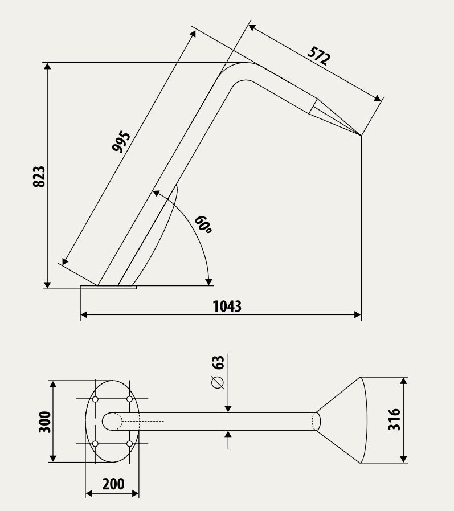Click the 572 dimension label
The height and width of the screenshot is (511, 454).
coord(319,56)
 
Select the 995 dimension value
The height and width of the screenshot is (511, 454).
coord(121,142)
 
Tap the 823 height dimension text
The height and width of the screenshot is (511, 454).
coord(39,177)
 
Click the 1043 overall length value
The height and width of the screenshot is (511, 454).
coord(227,306)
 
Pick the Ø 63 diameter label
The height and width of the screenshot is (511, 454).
coord(218,372)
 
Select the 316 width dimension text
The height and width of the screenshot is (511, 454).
coord(394,419)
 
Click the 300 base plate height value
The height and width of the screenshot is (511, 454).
coord(45,422)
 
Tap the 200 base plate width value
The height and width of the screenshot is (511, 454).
coord(113,484)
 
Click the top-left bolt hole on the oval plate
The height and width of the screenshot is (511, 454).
coord(95,399)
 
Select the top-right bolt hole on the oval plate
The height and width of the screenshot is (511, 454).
coord(129,399)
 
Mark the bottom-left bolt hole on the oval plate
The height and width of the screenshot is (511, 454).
coord(95,444)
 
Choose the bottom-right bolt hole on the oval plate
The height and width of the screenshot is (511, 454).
coord(129,444)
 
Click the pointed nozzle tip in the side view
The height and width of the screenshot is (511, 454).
coord(361,135)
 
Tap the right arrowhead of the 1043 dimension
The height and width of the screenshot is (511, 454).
coord(357,315)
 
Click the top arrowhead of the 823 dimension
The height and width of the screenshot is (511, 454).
coord(48,66)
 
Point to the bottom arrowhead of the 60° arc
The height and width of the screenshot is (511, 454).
coord(208,282)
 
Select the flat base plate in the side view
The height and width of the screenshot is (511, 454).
coord(109,288)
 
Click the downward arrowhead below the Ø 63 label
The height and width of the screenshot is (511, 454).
coord(228,408)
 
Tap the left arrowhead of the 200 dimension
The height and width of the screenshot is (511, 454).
coord(89,494)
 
